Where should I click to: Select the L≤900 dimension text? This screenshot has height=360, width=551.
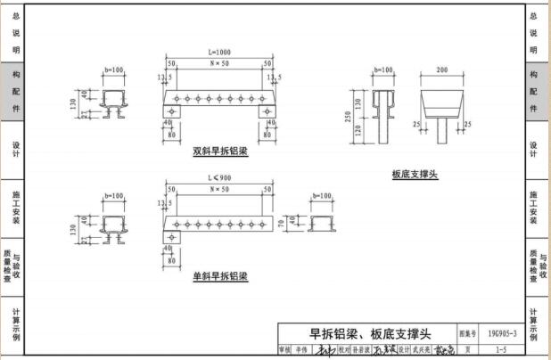[x=218, y=181]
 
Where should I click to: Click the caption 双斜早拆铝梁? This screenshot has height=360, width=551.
[x=219, y=151]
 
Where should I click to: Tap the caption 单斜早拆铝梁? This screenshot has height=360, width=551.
[x=219, y=276]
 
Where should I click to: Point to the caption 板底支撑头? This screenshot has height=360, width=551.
[x=415, y=176]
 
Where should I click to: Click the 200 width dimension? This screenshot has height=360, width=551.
[x=441, y=69]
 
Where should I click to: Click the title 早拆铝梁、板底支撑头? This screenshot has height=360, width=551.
[x=369, y=334]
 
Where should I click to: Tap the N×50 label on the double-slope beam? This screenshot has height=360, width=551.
[x=218, y=64]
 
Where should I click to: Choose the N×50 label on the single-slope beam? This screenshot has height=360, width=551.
[x=218, y=190]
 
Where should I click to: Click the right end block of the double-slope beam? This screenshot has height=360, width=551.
[x=267, y=111]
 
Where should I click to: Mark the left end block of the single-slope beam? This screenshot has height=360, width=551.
[x=170, y=236]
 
